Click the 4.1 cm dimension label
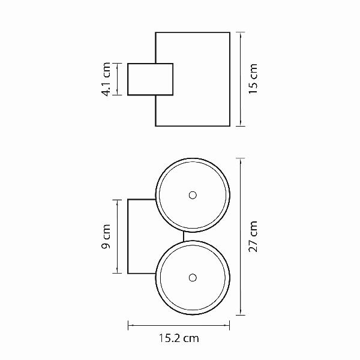(106, 79)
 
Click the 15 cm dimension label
(253, 79)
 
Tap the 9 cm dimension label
(106, 236)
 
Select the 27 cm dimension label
(253, 236)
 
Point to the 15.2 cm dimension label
(179, 338)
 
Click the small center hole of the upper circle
(193, 195)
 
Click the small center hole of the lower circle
(193, 278)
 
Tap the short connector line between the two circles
(184, 236)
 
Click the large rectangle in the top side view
(230, 79)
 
